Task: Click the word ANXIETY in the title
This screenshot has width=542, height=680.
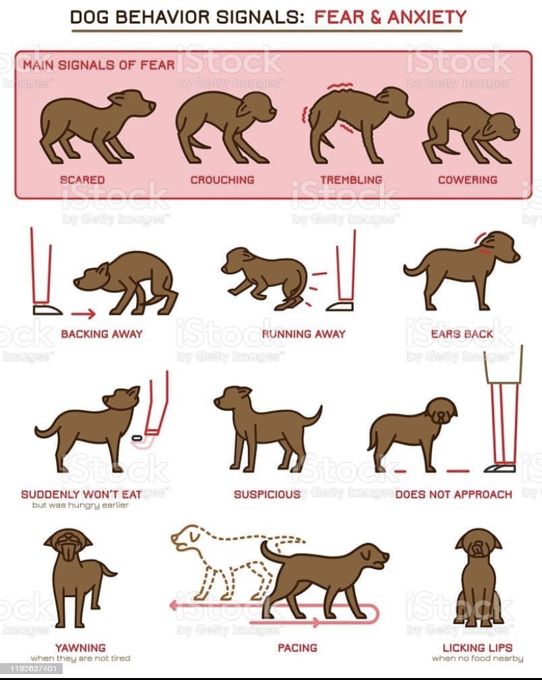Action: [427, 17]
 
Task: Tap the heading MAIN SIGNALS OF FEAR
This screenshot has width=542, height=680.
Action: [99, 65]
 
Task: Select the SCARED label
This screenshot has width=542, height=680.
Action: [82, 180]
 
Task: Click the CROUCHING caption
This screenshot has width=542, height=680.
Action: [222, 180]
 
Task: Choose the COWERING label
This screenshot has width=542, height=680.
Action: [468, 180]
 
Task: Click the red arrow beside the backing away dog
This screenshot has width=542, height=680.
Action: [84, 313]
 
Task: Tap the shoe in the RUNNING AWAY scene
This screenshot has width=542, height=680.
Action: [340, 307]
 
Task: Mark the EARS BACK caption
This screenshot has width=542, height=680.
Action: [462, 334]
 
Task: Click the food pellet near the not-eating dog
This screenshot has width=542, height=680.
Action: [137, 438]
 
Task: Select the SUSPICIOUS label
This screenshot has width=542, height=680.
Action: [267, 494]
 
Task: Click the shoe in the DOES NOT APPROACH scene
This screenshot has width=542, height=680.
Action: [500, 468]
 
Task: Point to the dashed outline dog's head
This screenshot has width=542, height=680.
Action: [187, 537]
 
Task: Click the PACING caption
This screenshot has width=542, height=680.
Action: [297, 648]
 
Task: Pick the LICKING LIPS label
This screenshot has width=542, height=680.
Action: [478, 648]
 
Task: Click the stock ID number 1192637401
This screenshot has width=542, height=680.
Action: [33, 668]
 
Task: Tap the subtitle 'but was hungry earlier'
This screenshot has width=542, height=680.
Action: [80, 505]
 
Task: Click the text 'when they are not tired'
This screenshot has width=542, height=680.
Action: [80, 658]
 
